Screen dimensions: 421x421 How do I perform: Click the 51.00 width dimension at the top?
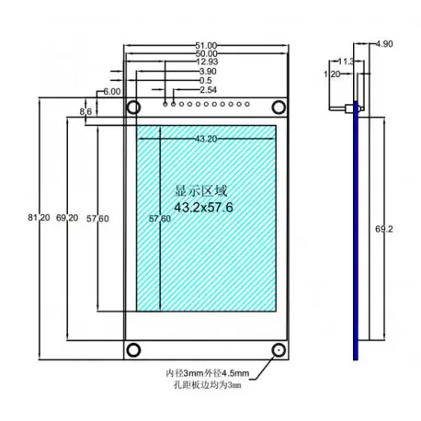point(207,45)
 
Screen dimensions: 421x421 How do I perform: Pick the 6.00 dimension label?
point(111,93)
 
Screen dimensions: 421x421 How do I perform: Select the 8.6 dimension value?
point(86,110)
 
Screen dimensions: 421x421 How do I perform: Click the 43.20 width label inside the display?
point(207,140)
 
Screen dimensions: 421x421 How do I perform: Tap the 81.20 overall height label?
point(39,218)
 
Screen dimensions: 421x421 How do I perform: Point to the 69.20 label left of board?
point(66,218)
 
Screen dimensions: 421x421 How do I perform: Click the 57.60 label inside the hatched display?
point(159,219)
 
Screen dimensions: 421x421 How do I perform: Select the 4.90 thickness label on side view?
point(385,43)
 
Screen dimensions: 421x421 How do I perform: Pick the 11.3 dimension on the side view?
point(346,62)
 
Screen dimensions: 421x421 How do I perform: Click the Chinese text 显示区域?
point(199,192)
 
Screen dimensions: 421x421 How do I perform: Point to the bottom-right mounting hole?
point(278,350)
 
